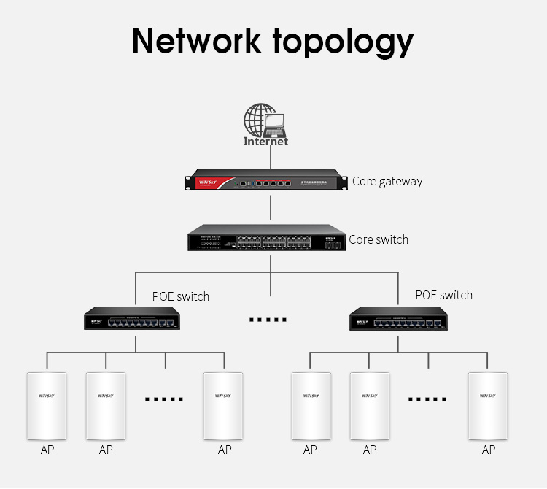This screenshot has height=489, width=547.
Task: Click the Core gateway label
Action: click(387, 181)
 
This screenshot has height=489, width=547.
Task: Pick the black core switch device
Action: click(266, 239)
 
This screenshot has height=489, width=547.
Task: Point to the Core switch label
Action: click(379, 239)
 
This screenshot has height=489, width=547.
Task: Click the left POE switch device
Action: click(132, 320)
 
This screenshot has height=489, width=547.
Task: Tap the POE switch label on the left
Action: click(180, 296)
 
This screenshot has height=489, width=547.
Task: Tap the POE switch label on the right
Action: click(443, 295)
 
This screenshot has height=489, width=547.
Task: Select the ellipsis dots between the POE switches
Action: click(268, 320)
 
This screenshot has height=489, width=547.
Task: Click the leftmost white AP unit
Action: click(47, 405)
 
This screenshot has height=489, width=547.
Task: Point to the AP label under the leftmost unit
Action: click(47, 450)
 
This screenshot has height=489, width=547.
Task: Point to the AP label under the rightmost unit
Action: click(488, 450)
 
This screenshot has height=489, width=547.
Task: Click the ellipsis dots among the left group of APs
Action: click(164, 399)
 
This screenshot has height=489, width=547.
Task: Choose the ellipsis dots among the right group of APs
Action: click(427, 399)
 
